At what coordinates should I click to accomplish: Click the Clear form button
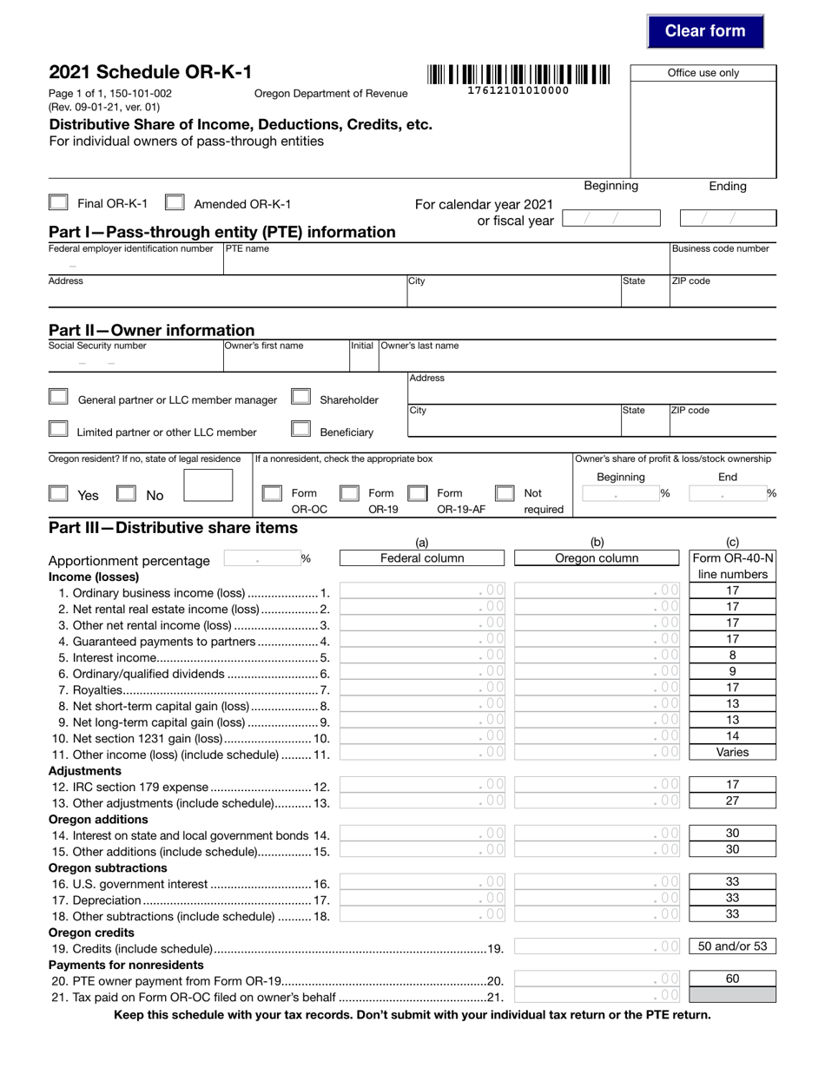coord(705,31)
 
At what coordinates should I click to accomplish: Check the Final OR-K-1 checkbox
coord(58,203)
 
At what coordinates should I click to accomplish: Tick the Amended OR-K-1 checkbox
coord(175,203)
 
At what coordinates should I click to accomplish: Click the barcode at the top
coord(518,75)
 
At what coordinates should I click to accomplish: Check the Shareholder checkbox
coord(300,398)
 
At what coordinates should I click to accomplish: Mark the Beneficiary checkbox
coord(300,429)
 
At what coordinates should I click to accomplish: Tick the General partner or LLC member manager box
coord(58,398)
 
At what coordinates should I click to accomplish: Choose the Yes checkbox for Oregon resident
coord(58,493)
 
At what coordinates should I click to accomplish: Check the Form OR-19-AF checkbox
coord(417,493)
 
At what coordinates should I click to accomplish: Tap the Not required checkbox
coord(504,493)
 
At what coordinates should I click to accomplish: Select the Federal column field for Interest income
coord(422,656)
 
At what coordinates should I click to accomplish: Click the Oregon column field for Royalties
coord(597,688)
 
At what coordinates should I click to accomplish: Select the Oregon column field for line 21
coord(597,995)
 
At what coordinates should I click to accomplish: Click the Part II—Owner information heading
coord(152,330)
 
